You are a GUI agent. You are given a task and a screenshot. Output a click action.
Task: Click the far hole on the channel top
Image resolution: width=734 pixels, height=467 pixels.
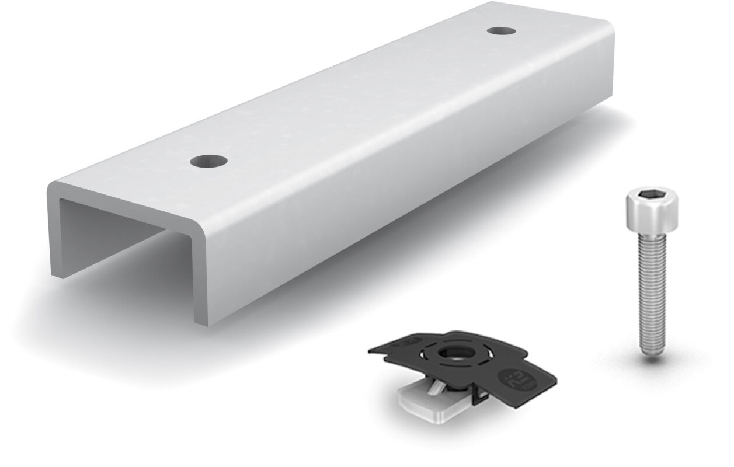(x=501, y=30)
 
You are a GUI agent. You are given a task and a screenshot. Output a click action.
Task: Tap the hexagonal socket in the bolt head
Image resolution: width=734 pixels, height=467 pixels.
(x=652, y=197)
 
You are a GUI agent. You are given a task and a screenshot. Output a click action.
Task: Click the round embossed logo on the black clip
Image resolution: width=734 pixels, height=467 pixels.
(x=516, y=374)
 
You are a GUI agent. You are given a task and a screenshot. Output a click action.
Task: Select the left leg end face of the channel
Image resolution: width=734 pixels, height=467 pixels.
(x=55, y=233)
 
